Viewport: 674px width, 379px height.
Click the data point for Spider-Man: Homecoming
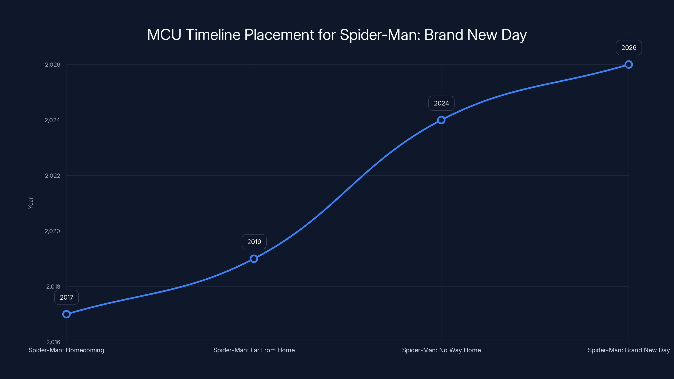(x=67, y=314)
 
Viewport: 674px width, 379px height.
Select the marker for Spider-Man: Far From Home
(x=254, y=259)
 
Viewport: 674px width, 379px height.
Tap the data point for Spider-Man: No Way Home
(x=441, y=120)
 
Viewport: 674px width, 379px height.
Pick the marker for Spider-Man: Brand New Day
(x=629, y=65)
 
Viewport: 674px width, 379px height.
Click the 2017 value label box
(x=67, y=297)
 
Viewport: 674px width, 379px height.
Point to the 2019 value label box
(x=254, y=242)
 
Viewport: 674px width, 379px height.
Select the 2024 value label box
(x=441, y=103)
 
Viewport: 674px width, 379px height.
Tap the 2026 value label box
(x=629, y=48)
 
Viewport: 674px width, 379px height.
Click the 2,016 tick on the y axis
(x=53, y=342)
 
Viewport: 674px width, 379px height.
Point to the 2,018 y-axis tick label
(x=53, y=287)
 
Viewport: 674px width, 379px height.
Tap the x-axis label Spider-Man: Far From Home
(x=254, y=350)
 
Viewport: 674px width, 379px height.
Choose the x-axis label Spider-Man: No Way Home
(x=441, y=350)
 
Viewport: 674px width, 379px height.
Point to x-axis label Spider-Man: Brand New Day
(x=629, y=350)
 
